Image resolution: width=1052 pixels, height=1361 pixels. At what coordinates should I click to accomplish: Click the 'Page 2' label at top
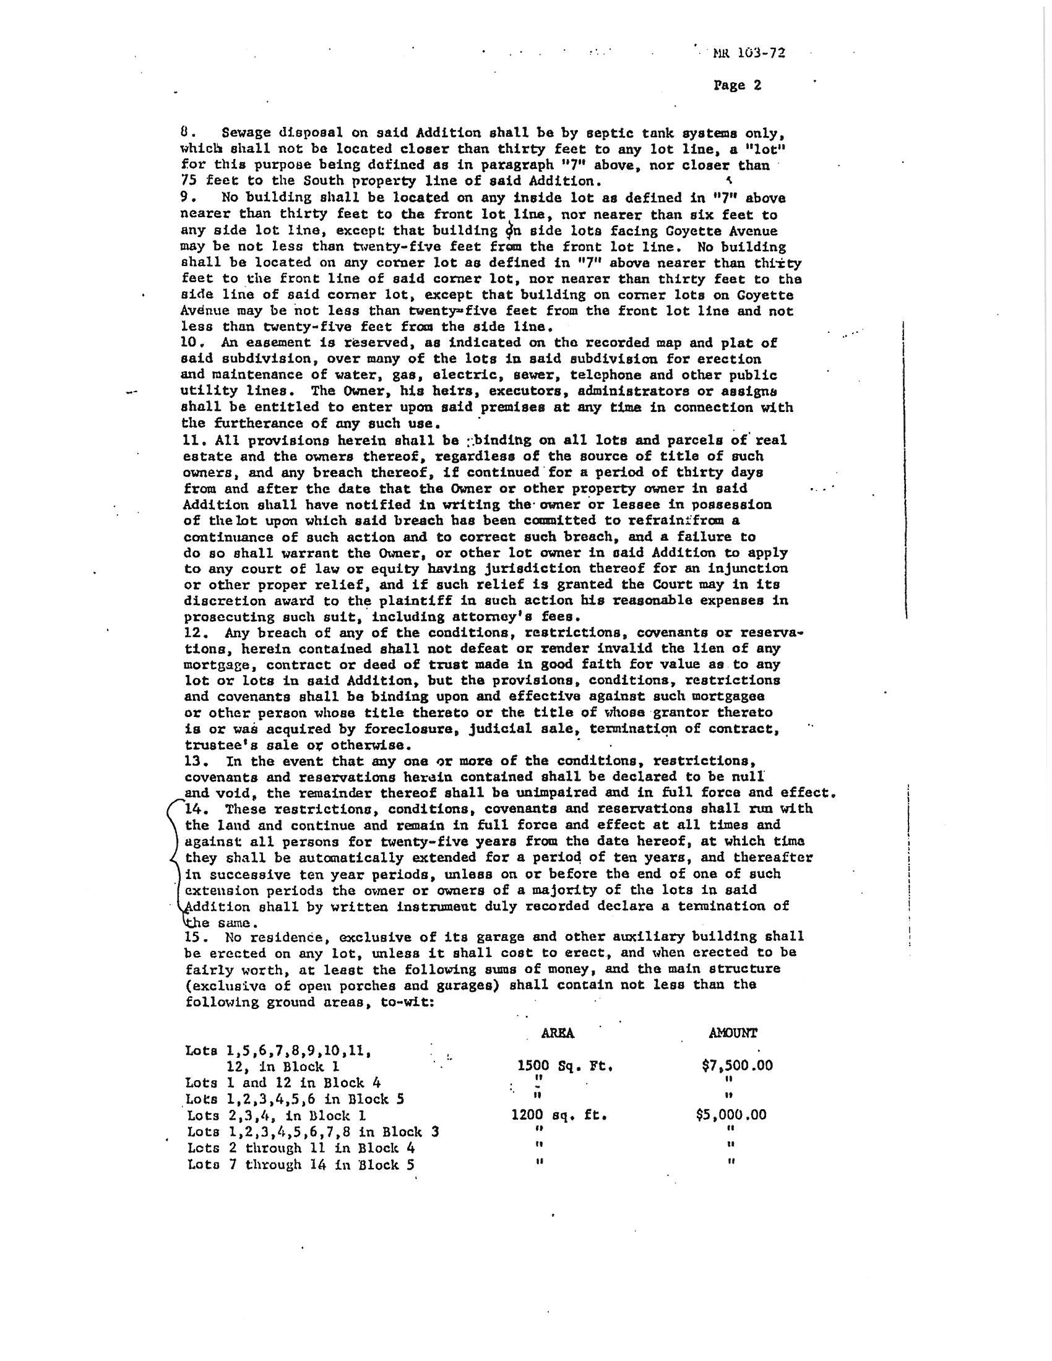737,85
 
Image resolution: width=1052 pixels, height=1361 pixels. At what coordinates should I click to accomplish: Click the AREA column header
557,1033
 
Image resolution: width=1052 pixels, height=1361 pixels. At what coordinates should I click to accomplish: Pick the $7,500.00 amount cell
736,1065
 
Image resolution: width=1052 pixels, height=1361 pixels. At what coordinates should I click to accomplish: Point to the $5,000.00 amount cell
731,1114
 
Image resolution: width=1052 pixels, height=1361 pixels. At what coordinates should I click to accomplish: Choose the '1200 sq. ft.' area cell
558,1115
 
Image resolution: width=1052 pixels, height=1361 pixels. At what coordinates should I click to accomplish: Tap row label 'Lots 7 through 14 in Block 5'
301,1164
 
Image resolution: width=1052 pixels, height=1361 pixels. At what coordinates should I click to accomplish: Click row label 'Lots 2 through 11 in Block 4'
301,1147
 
